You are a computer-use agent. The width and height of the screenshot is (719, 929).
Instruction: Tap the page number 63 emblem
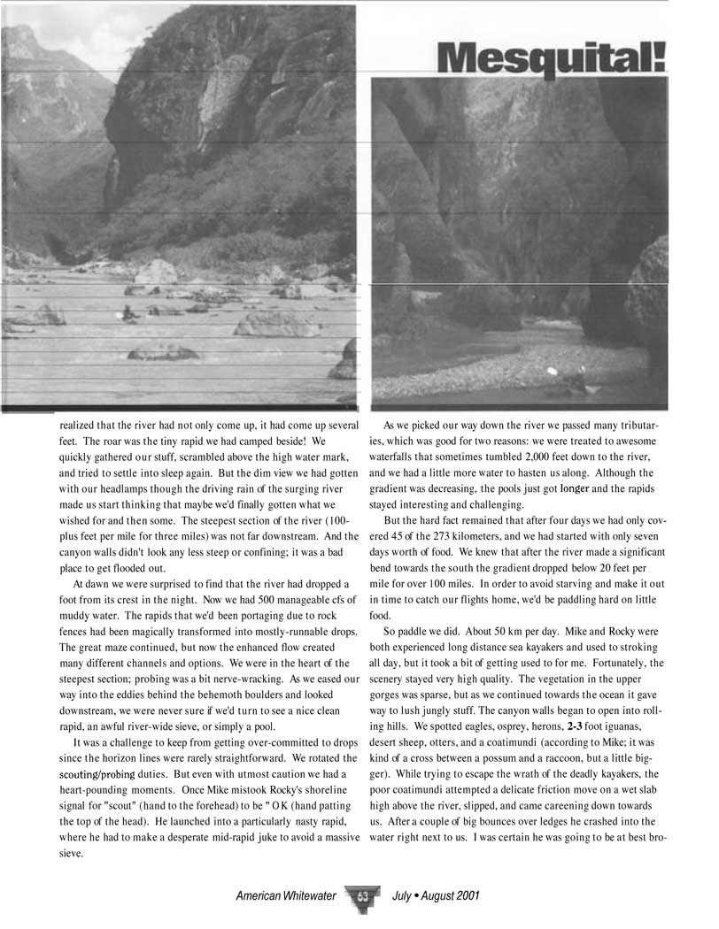363,896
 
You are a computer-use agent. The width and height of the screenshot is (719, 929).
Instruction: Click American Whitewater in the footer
286,896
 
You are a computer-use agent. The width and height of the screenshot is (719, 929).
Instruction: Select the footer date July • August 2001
436,896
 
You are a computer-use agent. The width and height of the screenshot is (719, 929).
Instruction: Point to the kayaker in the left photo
128,312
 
